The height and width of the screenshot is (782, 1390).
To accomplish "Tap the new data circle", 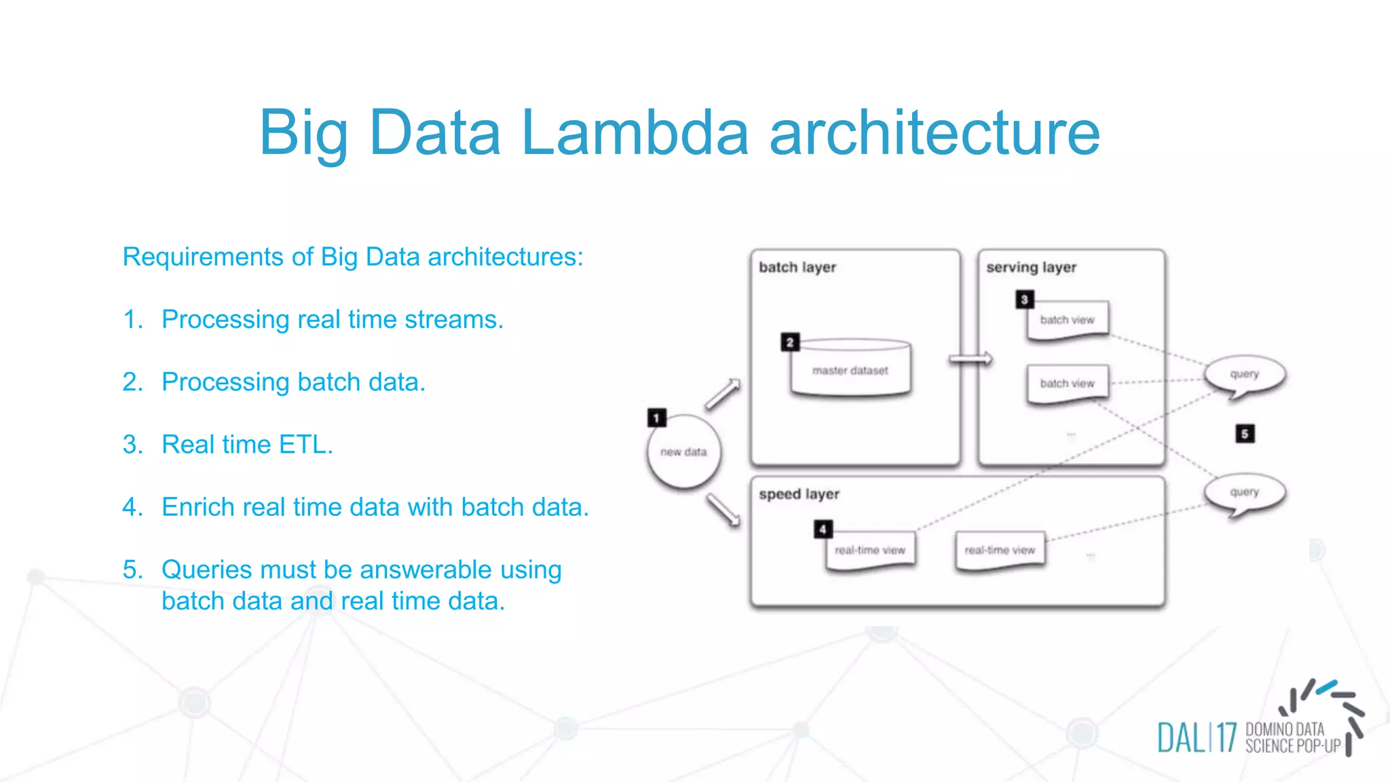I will pyautogui.click(x=683, y=452).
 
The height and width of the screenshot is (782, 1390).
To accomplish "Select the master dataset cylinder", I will pyautogui.click(x=850, y=369).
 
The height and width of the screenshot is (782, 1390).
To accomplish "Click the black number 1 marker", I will pyautogui.click(x=656, y=417).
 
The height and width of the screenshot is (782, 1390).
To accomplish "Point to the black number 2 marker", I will pyautogui.click(x=789, y=342).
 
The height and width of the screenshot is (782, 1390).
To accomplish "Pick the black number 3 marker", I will pyautogui.click(x=1024, y=299).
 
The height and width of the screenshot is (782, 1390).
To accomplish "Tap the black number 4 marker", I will pyautogui.click(x=823, y=529).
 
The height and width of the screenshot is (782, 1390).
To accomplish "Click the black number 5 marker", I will pyautogui.click(x=1245, y=434).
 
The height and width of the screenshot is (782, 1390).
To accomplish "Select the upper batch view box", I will pyautogui.click(x=1067, y=320).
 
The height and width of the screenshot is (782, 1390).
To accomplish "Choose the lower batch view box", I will pyautogui.click(x=1067, y=384).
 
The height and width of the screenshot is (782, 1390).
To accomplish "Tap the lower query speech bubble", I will pyautogui.click(x=1244, y=493).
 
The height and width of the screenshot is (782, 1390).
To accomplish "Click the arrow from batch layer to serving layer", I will pyautogui.click(x=971, y=359).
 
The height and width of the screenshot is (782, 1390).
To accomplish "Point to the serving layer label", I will pyautogui.click(x=1031, y=267).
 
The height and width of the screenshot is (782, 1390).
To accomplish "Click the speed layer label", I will pyautogui.click(x=799, y=494).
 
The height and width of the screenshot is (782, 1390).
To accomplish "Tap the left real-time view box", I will pyautogui.click(x=870, y=550).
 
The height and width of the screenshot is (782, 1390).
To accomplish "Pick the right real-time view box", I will pyautogui.click(x=1000, y=550).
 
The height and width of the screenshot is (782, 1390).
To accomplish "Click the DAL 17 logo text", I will pyautogui.click(x=1197, y=738).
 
